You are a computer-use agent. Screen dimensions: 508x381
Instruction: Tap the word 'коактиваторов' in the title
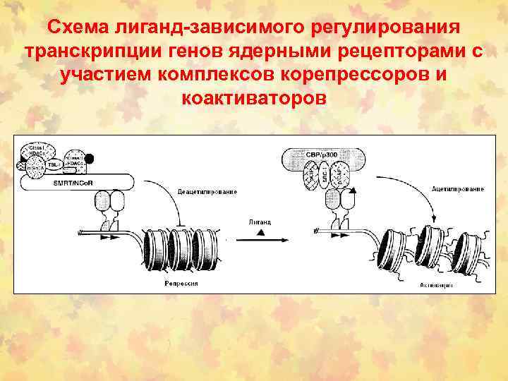point(254,97)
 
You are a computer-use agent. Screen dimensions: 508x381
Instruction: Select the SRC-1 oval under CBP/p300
point(324,172)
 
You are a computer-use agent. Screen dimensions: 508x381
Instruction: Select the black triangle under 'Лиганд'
point(260,232)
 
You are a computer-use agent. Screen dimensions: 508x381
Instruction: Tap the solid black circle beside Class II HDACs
point(90,157)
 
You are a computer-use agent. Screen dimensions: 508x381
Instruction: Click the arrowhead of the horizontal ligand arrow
point(286,240)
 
